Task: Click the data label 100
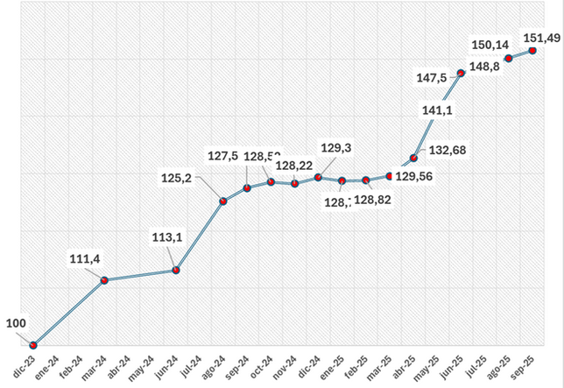(16, 324)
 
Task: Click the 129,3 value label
(337, 149)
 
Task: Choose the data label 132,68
(448, 151)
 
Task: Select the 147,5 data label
(432, 77)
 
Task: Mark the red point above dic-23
(33, 345)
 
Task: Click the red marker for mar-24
(105, 280)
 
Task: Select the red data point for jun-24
(176, 271)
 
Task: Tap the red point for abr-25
(413, 159)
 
